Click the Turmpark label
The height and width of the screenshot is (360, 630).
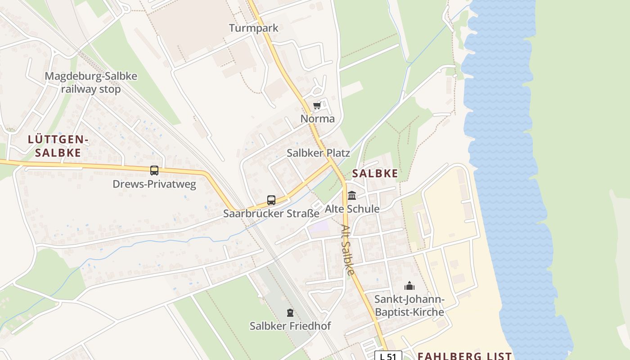[x=254, y=28]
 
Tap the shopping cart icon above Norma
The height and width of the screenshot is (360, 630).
[x=317, y=106]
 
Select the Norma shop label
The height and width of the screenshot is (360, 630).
[x=318, y=119]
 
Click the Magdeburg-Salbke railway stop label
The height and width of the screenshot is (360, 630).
[x=91, y=82]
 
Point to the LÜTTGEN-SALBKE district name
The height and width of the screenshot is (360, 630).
[x=58, y=146]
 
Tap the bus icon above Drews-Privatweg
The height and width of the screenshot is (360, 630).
[x=154, y=171]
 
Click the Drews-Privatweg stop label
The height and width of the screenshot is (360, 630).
[x=154, y=184]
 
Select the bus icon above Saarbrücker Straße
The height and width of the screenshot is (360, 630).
[x=271, y=200]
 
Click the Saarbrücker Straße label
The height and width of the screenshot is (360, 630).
[x=271, y=213]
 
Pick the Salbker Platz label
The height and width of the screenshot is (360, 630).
[x=319, y=153]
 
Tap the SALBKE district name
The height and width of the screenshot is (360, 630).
[x=375, y=173]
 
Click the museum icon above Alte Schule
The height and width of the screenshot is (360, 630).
[x=352, y=196]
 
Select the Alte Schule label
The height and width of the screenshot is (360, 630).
[x=352, y=209]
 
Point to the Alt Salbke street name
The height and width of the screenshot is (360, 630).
[x=347, y=250]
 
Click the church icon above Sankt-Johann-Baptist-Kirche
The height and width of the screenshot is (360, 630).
[x=409, y=286]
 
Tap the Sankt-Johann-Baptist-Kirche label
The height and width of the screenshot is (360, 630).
[x=409, y=306]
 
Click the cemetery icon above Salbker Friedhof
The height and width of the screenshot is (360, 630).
[x=290, y=312]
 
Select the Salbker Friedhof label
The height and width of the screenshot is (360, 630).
[x=290, y=326]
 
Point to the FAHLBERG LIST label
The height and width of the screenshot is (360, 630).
[x=464, y=355]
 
